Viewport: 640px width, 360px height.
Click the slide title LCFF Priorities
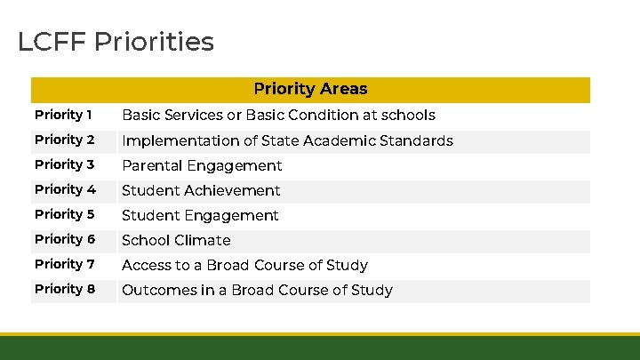[x=116, y=42]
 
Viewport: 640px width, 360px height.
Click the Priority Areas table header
[x=310, y=89]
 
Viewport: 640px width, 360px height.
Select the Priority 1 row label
[x=63, y=115]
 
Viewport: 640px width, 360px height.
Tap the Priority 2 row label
[x=64, y=140]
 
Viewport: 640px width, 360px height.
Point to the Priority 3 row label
[x=64, y=164]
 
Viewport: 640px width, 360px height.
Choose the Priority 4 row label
[x=65, y=189]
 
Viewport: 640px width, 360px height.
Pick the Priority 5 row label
[x=64, y=214]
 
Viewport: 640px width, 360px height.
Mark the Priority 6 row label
[x=64, y=239]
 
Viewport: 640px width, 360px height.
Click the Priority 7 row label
[x=64, y=264]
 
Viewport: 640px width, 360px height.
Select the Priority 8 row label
[x=64, y=289]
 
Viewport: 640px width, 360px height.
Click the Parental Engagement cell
[x=202, y=165]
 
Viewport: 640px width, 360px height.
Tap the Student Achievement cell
[x=201, y=190]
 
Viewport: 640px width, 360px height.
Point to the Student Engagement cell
[x=200, y=215]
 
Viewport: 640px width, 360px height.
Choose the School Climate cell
[x=176, y=240]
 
